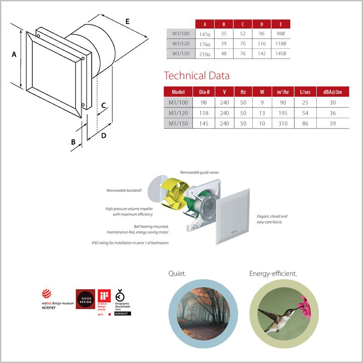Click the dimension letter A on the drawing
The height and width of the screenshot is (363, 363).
(14, 54)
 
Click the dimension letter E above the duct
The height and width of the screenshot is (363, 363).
(128, 21)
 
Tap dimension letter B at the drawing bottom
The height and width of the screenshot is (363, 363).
(73, 142)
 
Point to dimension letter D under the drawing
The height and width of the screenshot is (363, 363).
(104, 136)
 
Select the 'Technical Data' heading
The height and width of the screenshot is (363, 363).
(196, 75)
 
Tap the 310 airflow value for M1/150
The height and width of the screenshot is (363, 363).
(284, 123)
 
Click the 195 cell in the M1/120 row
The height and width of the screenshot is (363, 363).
(284, 113)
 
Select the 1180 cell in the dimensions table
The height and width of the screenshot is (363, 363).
(281, 44)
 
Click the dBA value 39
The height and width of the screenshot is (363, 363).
(333, 123)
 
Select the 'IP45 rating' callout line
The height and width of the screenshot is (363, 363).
(129, 243)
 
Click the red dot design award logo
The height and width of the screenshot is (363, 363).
(47, 294)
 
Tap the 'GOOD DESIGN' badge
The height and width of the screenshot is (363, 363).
(85, 299)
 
